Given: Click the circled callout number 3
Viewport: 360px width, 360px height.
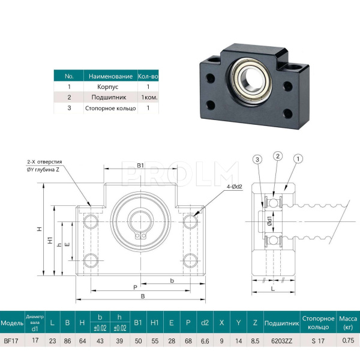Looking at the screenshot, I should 257,159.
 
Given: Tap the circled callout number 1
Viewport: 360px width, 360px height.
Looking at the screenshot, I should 298,158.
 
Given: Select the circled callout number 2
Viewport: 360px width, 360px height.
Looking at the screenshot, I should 277,157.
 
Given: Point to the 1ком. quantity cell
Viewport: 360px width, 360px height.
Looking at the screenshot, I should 148,97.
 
